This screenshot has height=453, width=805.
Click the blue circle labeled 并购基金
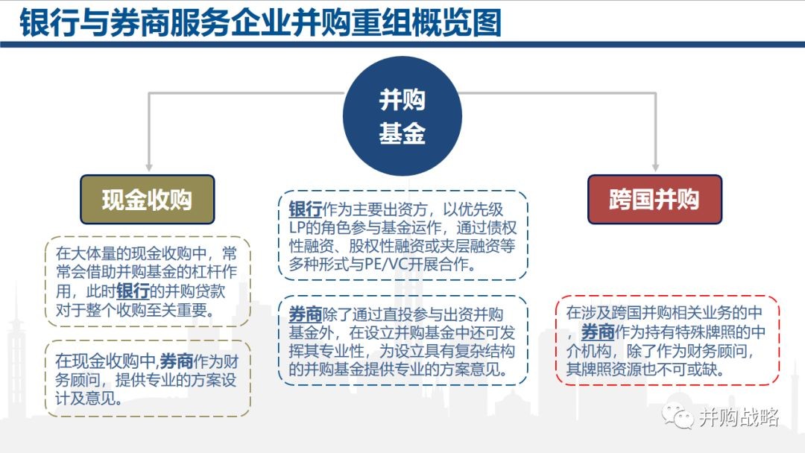click(402, 116)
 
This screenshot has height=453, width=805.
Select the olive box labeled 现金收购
click(148, 200)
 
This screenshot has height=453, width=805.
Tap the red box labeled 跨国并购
click(654, 200)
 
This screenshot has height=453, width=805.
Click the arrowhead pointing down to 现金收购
click(149, 167)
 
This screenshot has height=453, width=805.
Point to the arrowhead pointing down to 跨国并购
click(655, 167)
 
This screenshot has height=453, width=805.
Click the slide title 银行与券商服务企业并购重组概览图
click(260, 23)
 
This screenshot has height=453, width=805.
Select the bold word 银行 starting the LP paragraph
click(305, 209)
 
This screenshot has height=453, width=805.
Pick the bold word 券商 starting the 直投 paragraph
click(305, 314)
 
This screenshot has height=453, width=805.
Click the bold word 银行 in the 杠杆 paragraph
click(133, 291)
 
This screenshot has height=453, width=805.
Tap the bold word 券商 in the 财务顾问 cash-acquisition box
click(176, 361)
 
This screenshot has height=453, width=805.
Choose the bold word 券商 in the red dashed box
click(598, 332)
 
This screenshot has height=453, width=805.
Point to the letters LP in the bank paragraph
click(297, 228)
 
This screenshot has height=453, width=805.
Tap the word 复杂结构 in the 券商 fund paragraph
click(484, 351)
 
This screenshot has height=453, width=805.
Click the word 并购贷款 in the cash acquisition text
click(195, 291)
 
